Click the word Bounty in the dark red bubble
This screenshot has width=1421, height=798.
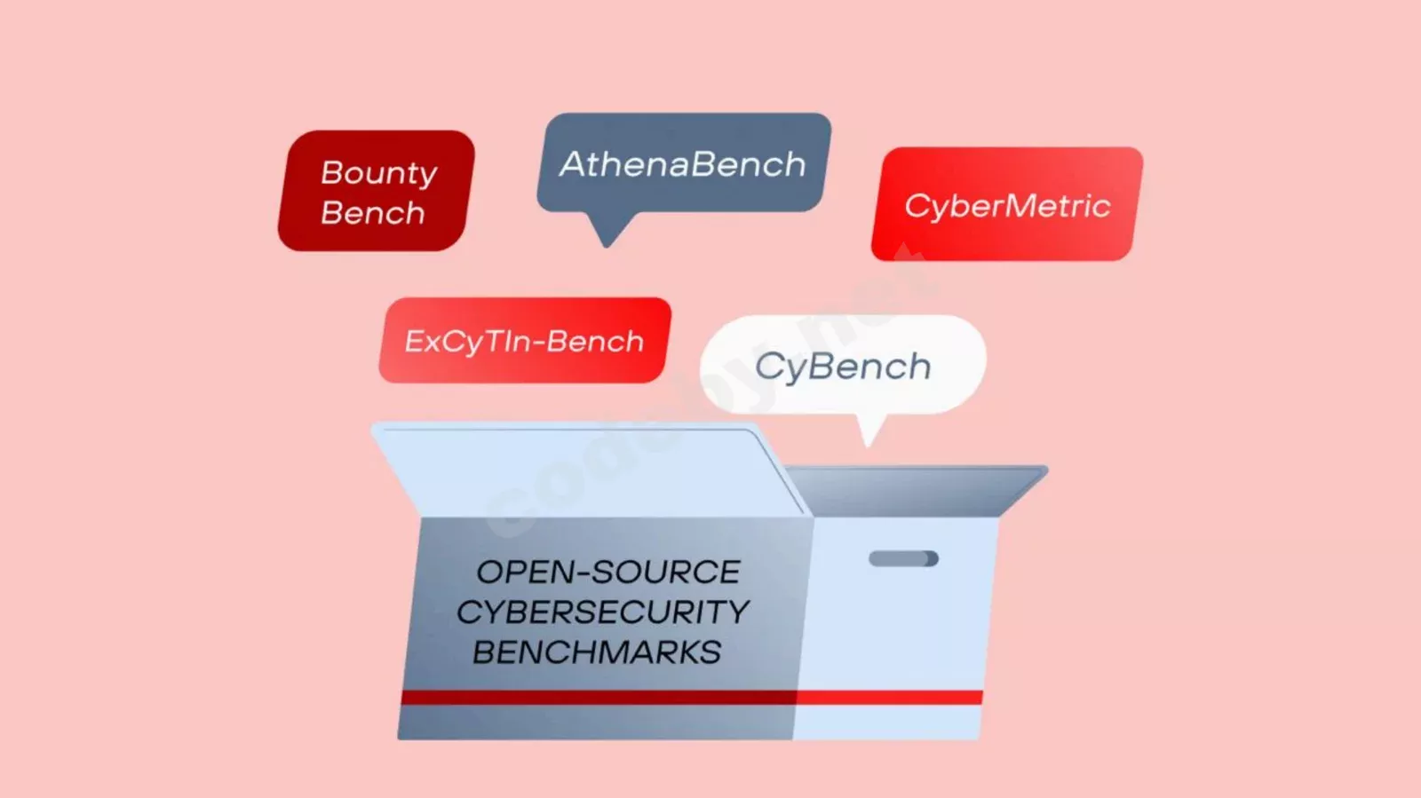click(379, 174)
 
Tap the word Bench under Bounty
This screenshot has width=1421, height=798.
click(373, 212)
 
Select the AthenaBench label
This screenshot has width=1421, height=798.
click(683, 164)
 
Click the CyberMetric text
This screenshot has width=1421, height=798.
click(1007, 206)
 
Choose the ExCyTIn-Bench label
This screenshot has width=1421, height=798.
click(524, 342)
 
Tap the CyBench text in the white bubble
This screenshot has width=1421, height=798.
click(843, 367)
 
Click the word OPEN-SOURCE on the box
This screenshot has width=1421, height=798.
click(607, 572)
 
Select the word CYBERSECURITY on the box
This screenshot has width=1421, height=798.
click(603, 612)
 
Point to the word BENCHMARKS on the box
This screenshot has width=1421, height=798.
click(597, 652)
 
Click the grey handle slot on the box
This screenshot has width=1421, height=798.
click(903, 558)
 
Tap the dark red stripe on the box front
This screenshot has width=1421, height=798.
click(599, 697)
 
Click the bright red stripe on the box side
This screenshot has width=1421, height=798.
click(889, 697)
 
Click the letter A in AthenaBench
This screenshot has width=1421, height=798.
click(574, 164)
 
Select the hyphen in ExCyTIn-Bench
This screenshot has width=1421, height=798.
click(536, 343)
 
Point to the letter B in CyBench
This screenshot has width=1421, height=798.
click(823, 366)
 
